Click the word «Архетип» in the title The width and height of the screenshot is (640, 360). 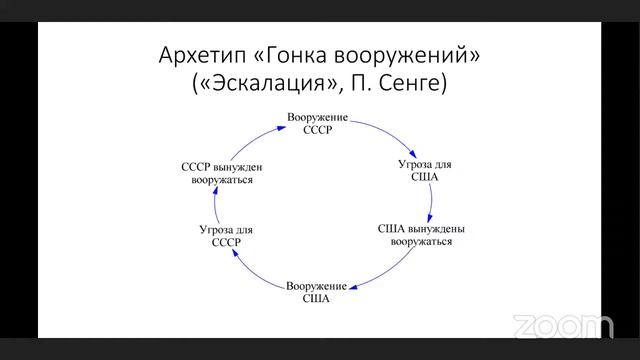coord(198,55)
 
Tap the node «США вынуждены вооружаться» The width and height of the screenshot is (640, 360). coord(421,235)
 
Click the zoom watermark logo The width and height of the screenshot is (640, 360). coord(562,326)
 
